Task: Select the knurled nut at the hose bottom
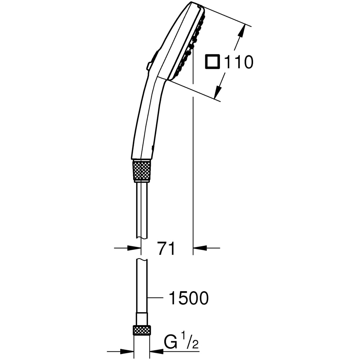coord(142,330)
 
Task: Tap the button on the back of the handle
coord(149,66)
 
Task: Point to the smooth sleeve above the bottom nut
coord(142,319)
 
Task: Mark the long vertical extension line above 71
coord(193,162)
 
